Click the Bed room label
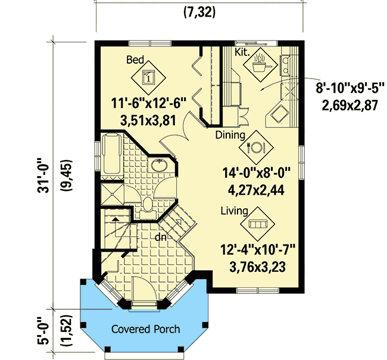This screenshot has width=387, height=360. click(135, 60)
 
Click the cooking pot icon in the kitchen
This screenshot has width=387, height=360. click(260, 65)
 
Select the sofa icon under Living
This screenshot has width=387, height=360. click(257, 224)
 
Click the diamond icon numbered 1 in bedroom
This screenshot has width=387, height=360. click(149, 76)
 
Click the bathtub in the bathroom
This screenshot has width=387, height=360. click(111, 156)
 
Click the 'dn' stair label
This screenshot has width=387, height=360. click(160, 237)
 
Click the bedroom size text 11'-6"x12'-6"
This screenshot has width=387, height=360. click(149, 104)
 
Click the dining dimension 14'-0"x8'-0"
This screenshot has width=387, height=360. click(255, 175)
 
